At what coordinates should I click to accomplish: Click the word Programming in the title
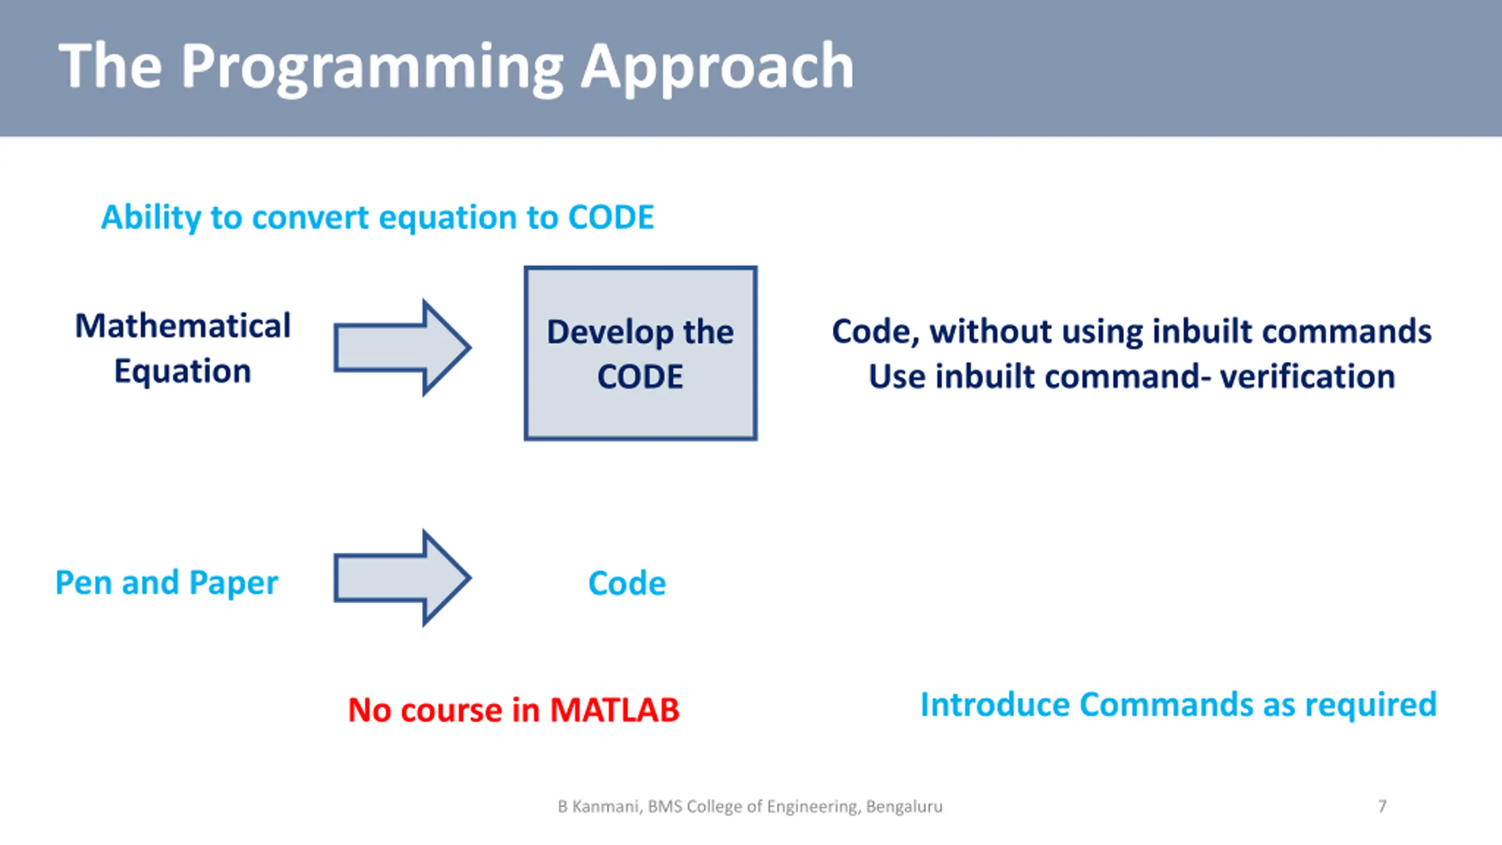click(x=372, y=68)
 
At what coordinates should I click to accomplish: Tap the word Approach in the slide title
click(x=717, y=68)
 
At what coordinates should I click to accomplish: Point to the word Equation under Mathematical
click(x=182, y=372)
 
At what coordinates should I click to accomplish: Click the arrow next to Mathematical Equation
click(x=402, y=347)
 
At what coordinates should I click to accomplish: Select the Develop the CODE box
click(x=641, y=353)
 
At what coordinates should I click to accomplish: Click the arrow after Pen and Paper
click(x=402, y=578)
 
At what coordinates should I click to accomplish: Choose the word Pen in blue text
click(x=84, y=583)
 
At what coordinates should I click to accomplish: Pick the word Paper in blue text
click(x=234, y=584)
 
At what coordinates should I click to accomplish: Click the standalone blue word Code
click(x=627, y=583)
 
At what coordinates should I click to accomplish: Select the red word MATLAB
click(x=614, y=710)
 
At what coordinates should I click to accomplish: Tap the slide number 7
click(x=1382, y=806)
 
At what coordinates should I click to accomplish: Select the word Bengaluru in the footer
click(x=904, y=807)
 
